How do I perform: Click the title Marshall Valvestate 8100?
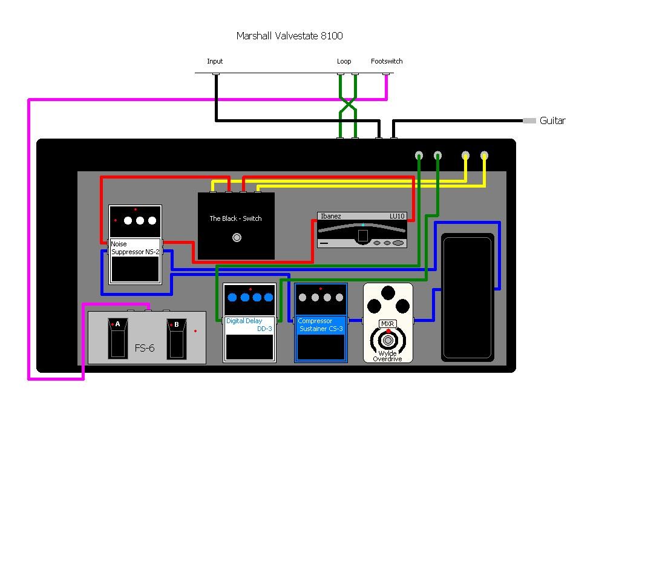click(290, 36)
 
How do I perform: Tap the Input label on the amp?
click(215, 61)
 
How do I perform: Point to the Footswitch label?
click(387, 61)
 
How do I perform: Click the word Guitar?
click(552, 121)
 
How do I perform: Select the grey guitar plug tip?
click(529, 121)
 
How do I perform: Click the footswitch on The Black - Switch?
click(237, 238)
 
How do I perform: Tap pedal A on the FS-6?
click(117, 338)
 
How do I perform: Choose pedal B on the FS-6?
click(176, 338)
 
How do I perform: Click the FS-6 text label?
click(145, 348)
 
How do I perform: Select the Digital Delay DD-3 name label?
click(249, 325)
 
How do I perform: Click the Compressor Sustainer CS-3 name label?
click(321, 325)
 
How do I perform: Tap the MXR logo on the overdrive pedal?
click(388, 324)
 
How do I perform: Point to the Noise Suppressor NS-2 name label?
click(135, 248)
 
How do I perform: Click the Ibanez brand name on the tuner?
click(331, 216)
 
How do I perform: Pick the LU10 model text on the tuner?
click(397, 216)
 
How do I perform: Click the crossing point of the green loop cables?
click(348, 103)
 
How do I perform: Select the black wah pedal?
click(468, 298)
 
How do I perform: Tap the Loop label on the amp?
click(344, 61)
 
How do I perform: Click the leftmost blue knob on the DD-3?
click(232, 298)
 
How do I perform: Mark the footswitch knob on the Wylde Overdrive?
click(388, 340)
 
